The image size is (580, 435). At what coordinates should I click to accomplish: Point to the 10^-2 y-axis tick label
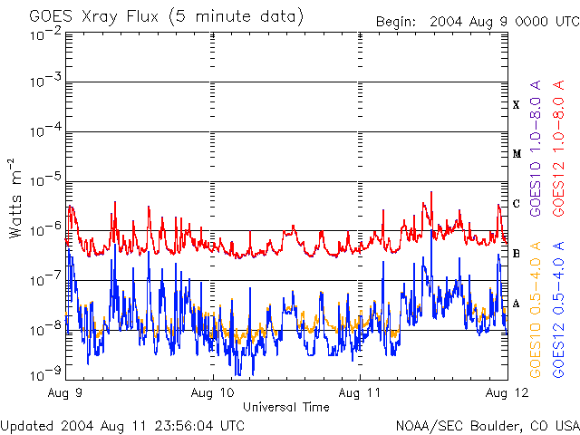(x=43, y=34)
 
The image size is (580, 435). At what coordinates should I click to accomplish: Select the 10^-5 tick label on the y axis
(x=43, y=182)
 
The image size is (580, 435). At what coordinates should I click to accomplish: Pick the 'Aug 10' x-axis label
(x=214, y=392)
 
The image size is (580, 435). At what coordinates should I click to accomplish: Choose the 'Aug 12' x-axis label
(x=504, y=392)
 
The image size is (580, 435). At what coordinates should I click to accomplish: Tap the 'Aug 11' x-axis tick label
(x=360, y=392)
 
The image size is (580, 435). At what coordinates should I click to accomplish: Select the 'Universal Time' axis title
(x=285, y=407)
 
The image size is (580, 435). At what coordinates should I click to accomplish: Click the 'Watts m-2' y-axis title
(x=16, y=198)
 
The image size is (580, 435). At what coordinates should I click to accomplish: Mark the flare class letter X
(x=516, y=105)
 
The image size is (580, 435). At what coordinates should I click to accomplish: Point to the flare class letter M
(x=516, y=154)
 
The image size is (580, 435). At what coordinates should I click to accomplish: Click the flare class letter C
(x=516, y=204)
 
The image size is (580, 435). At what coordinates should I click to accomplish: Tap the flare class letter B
(x=516, y=254)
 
